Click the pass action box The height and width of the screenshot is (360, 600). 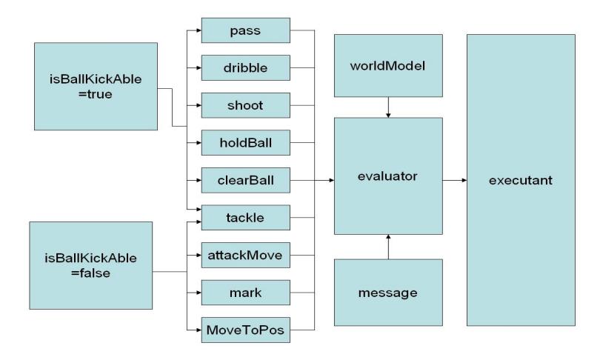246,30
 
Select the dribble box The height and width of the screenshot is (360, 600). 246,67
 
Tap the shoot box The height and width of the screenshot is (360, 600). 246,105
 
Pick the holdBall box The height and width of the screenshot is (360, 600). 246,143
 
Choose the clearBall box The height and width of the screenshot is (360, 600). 246,180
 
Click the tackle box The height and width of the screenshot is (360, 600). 246,218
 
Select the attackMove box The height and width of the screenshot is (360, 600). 246,255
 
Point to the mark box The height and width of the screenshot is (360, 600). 246,293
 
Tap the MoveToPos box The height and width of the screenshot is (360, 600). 246,330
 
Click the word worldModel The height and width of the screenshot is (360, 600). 387,66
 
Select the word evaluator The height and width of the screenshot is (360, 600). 387,176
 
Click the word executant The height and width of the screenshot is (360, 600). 521,180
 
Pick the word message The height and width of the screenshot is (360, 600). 387,293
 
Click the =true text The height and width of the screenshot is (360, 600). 96,94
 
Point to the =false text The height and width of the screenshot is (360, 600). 90,273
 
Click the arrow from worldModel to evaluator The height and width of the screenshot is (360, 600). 388,107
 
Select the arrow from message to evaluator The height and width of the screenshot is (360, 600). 388,247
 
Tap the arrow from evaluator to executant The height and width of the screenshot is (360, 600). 455,180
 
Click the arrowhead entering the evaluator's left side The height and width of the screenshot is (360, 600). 332,180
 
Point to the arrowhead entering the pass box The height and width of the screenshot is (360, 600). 199,30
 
